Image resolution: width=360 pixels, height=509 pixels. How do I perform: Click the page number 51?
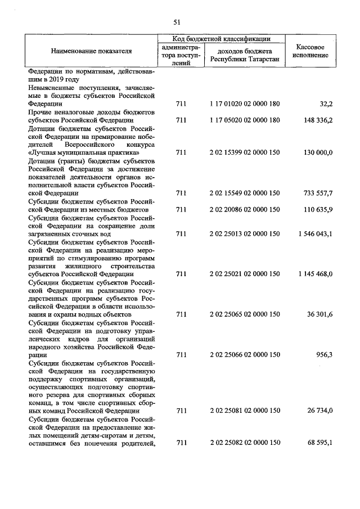(x=177, y=22)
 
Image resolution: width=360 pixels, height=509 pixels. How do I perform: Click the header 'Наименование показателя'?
(x=92, y=51)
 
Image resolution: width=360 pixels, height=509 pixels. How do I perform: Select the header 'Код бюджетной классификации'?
(x=221, y=39)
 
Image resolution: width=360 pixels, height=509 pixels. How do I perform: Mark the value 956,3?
(x=323, y=355)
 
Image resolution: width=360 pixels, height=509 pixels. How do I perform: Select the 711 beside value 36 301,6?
(x=181, y=314)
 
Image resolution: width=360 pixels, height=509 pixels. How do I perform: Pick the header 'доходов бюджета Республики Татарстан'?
(x=244, y=55)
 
